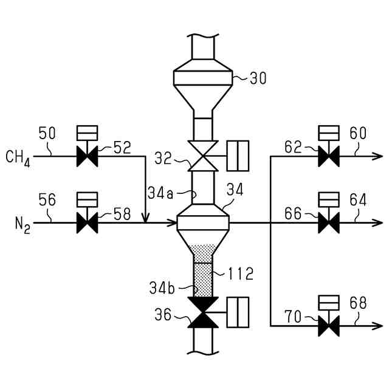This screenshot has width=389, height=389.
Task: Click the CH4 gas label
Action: point(19,157)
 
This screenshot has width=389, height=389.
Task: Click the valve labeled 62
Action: point(329,156)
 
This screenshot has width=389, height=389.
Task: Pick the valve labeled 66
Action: point(329,223)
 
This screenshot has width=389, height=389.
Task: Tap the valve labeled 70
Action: point(329,326)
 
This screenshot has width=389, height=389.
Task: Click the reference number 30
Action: point(258,78)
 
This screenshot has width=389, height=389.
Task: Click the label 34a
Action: point(160,193)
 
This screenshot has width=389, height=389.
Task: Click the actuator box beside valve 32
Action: point(238,156)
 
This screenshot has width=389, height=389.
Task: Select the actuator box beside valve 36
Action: point(238,312)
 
